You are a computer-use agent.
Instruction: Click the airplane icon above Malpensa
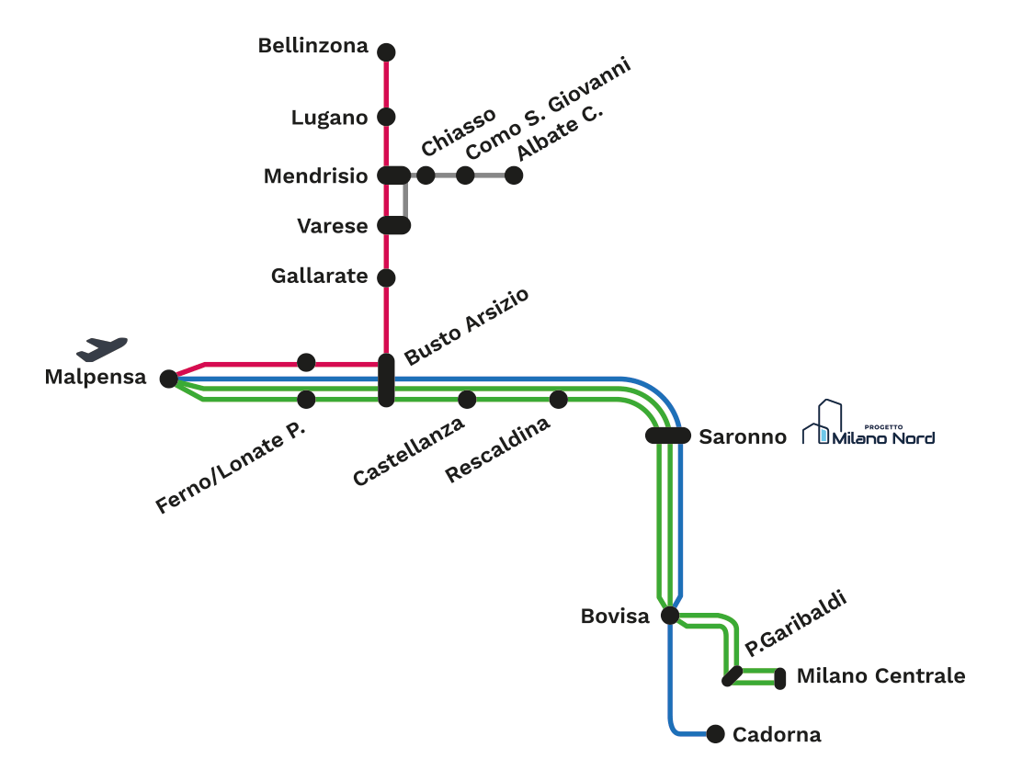tap(102, 348)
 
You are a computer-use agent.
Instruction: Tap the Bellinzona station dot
tap(386, 52)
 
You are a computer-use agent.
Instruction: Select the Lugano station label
tap(329, 118)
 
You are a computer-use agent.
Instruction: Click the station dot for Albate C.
tap(514, 175)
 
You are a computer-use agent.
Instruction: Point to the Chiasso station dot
tap(426, 175)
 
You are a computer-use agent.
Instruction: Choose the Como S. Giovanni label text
tap(549, 108)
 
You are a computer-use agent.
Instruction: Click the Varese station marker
tap(395, 225)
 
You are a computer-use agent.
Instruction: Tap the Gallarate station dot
tap(386, 277)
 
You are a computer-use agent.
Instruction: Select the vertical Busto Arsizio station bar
tap(387, 381)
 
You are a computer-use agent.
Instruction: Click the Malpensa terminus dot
tap(168, 379)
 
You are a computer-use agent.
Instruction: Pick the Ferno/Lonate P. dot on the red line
tap(306, 362)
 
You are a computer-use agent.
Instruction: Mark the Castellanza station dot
tap(467, 399)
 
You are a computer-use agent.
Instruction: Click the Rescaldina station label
tap(497, 450)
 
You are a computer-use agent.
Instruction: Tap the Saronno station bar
tap(667, 436)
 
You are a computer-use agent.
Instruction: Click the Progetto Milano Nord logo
tap(869, 424)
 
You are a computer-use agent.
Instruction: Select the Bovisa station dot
tap(670, 615)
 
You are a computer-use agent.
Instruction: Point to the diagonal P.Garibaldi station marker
tap(733, 676)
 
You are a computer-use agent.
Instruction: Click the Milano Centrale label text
tap(880, 676)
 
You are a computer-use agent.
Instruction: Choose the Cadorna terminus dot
tap(715, 733)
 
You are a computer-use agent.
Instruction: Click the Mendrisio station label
tap(315, 175)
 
